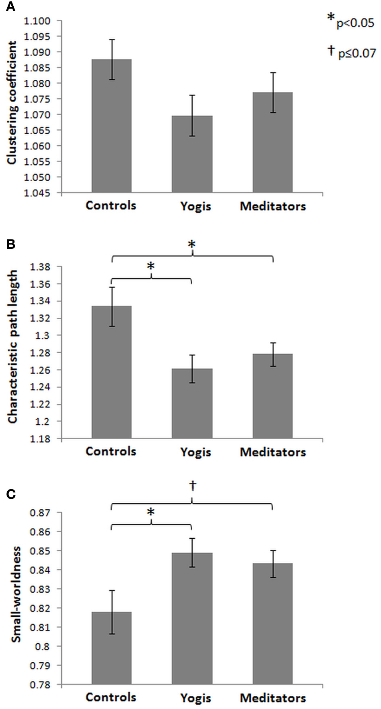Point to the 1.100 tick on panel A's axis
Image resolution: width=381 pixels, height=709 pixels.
point(37,21)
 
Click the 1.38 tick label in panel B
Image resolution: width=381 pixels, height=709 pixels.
point(40,267)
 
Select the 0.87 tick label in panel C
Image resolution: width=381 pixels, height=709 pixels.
point(40,513)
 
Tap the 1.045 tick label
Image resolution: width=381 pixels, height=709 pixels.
point(37,193)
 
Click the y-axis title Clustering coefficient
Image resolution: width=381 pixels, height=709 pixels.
point(12,103)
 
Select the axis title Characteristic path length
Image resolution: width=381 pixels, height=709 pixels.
point(13,347)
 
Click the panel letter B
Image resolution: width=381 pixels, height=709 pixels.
point(11,244)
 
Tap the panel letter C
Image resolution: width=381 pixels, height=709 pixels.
point(11,494)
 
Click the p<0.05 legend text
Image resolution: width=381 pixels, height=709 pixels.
point(355,23)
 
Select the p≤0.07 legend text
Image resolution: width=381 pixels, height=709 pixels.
point(357,53)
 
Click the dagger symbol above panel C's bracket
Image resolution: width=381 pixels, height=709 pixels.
point(193,486)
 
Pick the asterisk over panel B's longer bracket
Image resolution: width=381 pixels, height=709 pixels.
point(192,244)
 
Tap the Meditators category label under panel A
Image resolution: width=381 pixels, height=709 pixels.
point(273,206)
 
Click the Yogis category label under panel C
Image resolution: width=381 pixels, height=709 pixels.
point(196,698)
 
